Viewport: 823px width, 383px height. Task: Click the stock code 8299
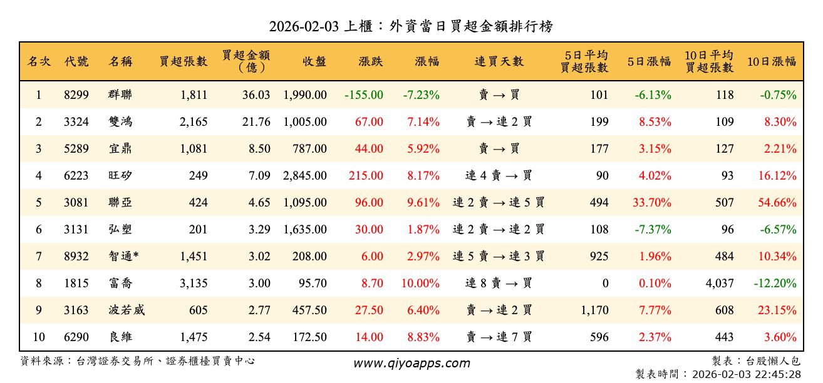[76, 95]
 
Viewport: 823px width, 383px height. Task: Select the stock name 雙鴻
[120, 122]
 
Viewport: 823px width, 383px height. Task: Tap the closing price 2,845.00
[305, 176]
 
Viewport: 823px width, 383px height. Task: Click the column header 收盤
[314, 61]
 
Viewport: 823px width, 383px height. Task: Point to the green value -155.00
[363, 95]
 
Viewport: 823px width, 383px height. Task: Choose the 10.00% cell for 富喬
[420, 283]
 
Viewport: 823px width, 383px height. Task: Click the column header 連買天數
[499, 61]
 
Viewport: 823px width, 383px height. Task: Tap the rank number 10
[39, 337]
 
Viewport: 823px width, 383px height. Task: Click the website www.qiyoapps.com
[412, 363]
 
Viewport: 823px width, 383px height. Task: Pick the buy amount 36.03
[256, 95]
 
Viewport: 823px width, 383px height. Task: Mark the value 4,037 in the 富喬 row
[719, 283]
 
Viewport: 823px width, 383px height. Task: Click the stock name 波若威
[127, 310]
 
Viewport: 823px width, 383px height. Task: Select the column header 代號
[76, 61]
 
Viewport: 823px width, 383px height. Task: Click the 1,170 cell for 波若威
[594, 310]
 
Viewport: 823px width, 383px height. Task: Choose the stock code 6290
[76, 337]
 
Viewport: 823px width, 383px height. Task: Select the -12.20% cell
[775, 283]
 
